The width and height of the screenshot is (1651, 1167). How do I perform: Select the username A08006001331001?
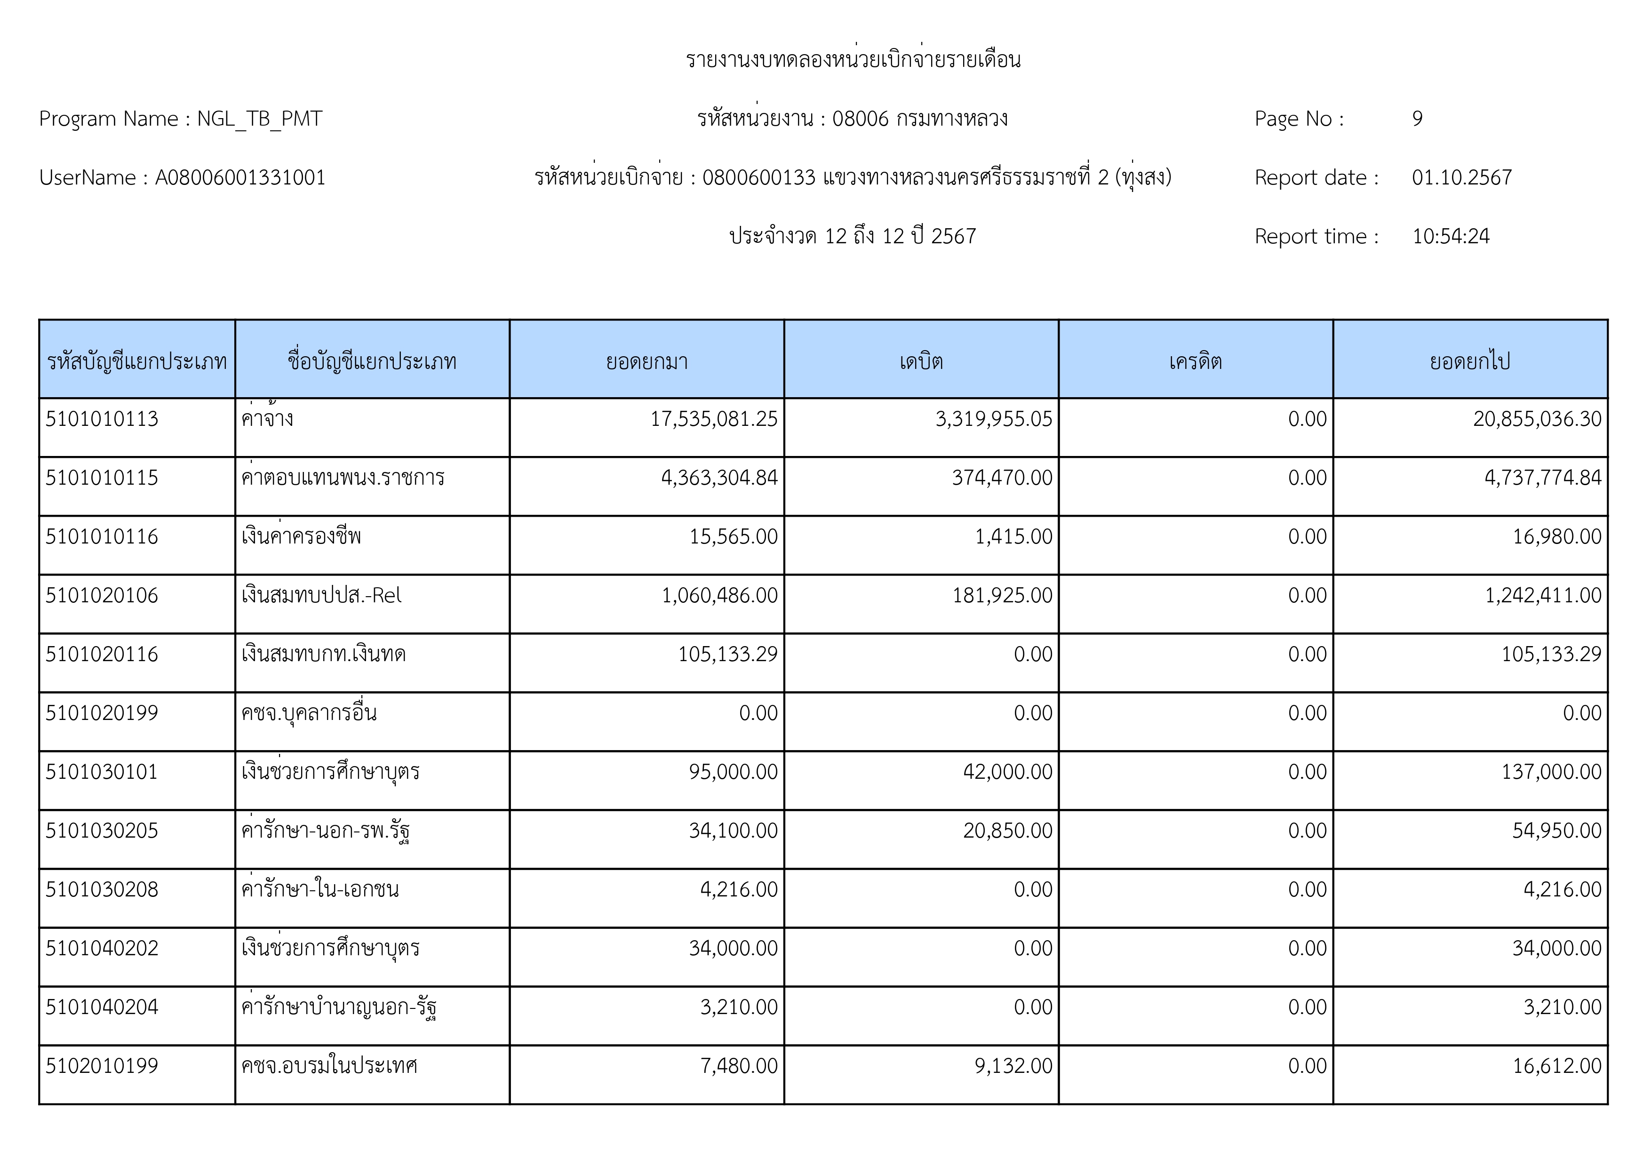tap(240, 177)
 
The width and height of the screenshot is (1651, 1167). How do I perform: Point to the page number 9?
tap(1417, 119)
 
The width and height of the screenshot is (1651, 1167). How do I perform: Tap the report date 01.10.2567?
tap(1461, 177)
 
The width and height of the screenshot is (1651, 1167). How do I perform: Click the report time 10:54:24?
tap(1451, 237)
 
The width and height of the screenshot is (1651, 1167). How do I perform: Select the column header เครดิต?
tap(1195, 361)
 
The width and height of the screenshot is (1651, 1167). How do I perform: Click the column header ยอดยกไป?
tap(1470, 361)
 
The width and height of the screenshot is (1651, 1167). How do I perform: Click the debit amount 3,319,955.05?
tap(993, 419)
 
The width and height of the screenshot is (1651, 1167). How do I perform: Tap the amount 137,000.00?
tap(1551, 772)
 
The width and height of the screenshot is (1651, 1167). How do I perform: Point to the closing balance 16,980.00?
tap(1557, 537)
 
